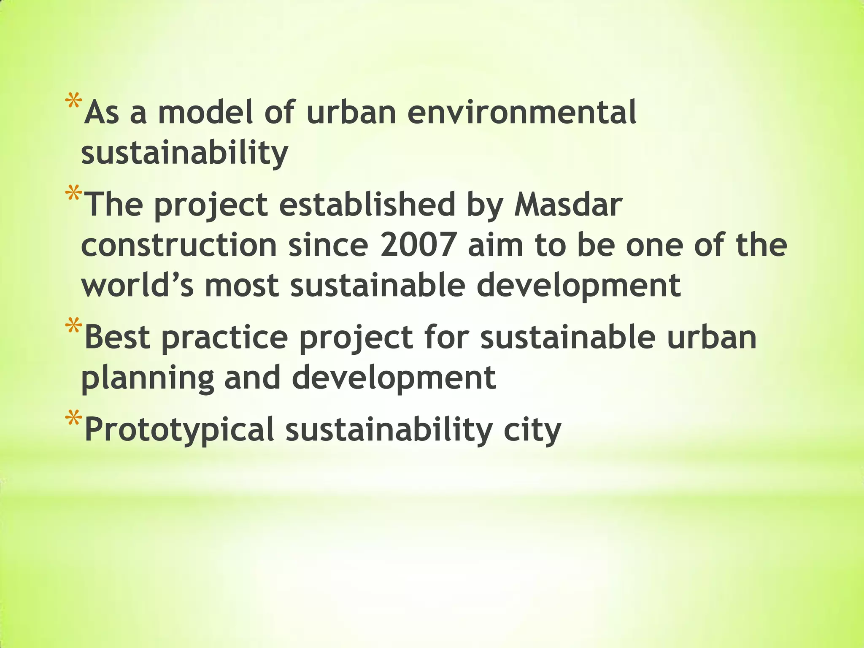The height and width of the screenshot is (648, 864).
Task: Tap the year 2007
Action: click(418, 246)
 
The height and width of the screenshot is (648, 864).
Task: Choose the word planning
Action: click(147, 378)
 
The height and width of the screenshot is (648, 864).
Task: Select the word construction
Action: click(179, 246)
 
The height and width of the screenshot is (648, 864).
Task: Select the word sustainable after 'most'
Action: click(378, 286)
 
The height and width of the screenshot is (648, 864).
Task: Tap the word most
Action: click(242, 286)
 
